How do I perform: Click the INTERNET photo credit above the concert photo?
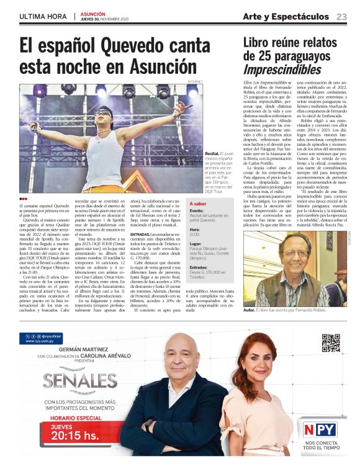[x=195, y=81]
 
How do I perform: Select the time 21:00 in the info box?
[x=195, y=234]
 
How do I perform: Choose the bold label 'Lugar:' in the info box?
[x=196, y=244]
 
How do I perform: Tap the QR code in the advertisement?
[x=330, y=342]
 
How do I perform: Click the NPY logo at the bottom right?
[x=320, y=429]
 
